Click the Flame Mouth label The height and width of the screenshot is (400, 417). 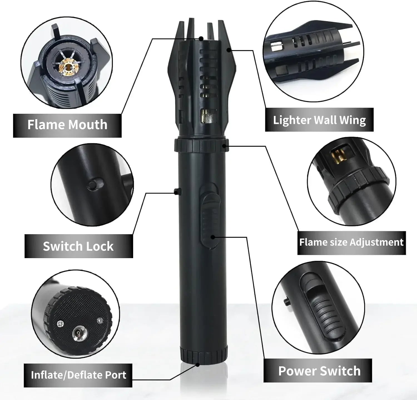67,125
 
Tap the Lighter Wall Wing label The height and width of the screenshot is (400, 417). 319,120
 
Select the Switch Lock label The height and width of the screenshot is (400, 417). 78,246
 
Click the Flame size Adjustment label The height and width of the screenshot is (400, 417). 351,242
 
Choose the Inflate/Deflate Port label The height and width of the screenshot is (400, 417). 78,375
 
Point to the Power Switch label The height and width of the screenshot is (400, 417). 319,371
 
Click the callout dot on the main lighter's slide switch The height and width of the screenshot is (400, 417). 213,237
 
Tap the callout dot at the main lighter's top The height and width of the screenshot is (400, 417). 201,39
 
